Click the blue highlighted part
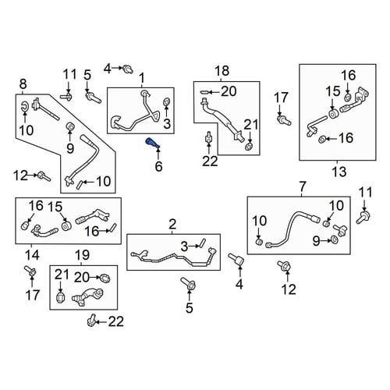point(153,144)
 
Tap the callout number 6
point(158,166)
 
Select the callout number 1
point(142,78)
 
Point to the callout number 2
point(172,224)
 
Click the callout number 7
point(302,186)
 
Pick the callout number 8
point(23,84)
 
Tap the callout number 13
point(339,172)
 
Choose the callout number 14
point(32,255)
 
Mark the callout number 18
point(222,71)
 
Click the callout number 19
point(82,255)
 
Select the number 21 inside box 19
point(62,275)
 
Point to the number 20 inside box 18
point(229,91)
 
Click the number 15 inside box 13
point(333,91)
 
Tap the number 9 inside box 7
point(316,241)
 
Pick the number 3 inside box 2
point(184,246)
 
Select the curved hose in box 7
point(292,229)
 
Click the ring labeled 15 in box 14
point(66,225)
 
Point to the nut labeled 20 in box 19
point(105,278)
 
